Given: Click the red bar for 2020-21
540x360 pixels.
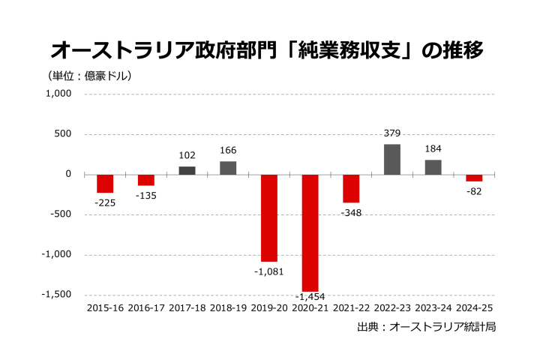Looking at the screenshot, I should coord(310,232).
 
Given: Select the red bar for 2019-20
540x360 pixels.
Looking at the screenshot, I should coord(268,217).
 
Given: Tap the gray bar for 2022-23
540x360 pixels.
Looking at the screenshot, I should coord(392,159).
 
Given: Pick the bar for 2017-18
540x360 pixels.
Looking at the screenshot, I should coord(187,170).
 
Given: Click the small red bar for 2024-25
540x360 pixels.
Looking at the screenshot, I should coord(474,178).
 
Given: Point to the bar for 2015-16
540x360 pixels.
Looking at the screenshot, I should coord(105,184).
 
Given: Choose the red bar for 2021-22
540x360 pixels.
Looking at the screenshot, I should coord(351,188).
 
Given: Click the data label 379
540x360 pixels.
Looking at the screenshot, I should coord(392,133).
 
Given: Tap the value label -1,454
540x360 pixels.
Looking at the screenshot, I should coord(310,297).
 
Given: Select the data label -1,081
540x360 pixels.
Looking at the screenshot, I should coord(268,271).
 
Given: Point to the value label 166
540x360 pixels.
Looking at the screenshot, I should coord(228,151).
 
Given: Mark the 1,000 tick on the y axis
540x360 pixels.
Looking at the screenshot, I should coord(58,94).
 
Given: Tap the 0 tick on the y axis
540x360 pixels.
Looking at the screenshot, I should coord(68,174).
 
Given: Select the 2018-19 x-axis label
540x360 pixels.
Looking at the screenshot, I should coord(228,307).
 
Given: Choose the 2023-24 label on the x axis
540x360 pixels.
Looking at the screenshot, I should coord(433,307).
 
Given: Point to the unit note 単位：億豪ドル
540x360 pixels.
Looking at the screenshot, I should coord(90,76).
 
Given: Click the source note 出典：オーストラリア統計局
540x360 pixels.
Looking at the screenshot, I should coord(427,327).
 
